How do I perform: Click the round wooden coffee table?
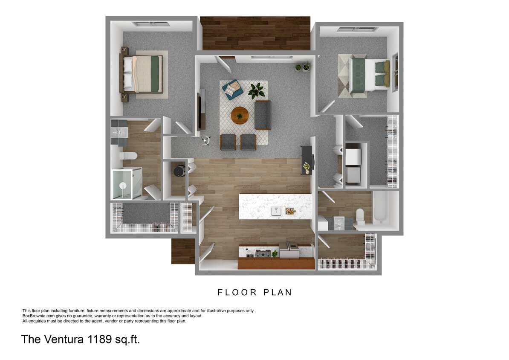[x=240, y=115]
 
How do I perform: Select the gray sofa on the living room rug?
[x=263, y=115]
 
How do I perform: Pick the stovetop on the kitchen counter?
[x=260, y=254]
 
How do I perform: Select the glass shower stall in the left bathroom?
[x=126, y=184]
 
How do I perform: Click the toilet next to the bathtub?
[x=360, y=216]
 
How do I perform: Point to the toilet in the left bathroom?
[x=128, y=156]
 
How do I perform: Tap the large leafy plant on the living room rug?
[x=257, y=90]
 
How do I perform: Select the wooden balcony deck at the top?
[x=255, y=33]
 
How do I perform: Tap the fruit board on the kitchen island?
[x=290, y=211]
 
